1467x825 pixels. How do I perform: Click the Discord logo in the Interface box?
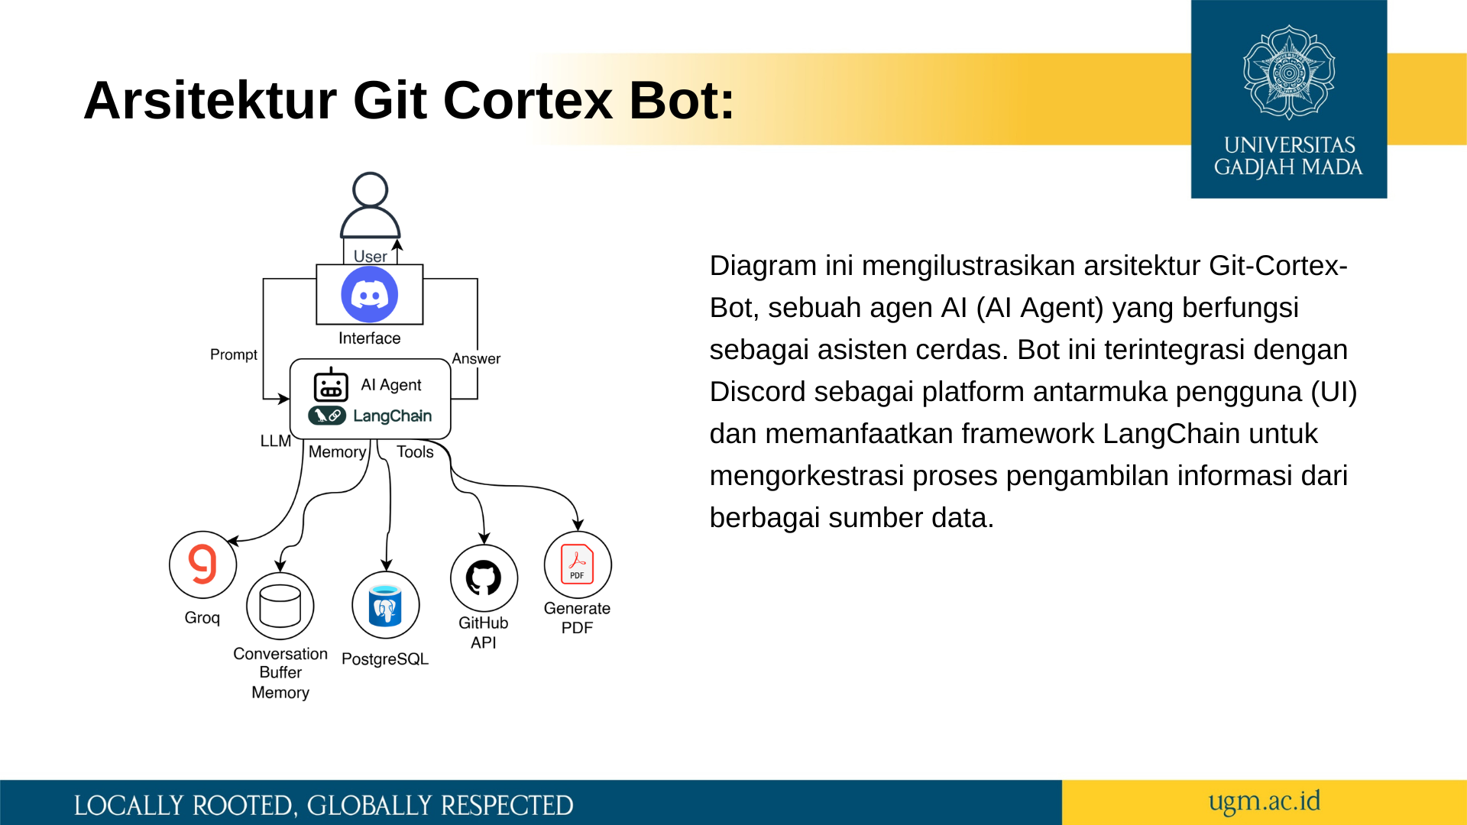click(369, 295)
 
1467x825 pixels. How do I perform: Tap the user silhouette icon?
click(370, 206)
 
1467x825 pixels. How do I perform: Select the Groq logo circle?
click(202, 565)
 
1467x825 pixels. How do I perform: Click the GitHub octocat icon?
click(484, 577)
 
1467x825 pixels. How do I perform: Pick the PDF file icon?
click(578, 565)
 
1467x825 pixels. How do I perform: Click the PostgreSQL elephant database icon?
click(385, 605)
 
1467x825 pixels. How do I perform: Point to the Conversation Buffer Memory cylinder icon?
click(280, 606)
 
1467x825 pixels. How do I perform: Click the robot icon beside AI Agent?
click(331, 384)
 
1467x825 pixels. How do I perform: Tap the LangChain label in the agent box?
click(392, 416)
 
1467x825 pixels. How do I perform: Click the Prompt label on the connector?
click(233, 354)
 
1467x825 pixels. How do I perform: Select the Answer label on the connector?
click(476, 358)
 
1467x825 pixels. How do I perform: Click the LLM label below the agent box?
click(275, 441)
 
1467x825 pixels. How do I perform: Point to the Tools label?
click(415, 451)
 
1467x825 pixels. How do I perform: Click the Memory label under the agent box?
click(337, 451)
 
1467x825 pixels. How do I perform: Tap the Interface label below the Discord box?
click(369, 338)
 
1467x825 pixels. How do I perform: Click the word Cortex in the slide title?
click(527, 100)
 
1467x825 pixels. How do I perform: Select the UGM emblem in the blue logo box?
click(1289, 73)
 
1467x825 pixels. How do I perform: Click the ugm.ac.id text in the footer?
click(1264, 801)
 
